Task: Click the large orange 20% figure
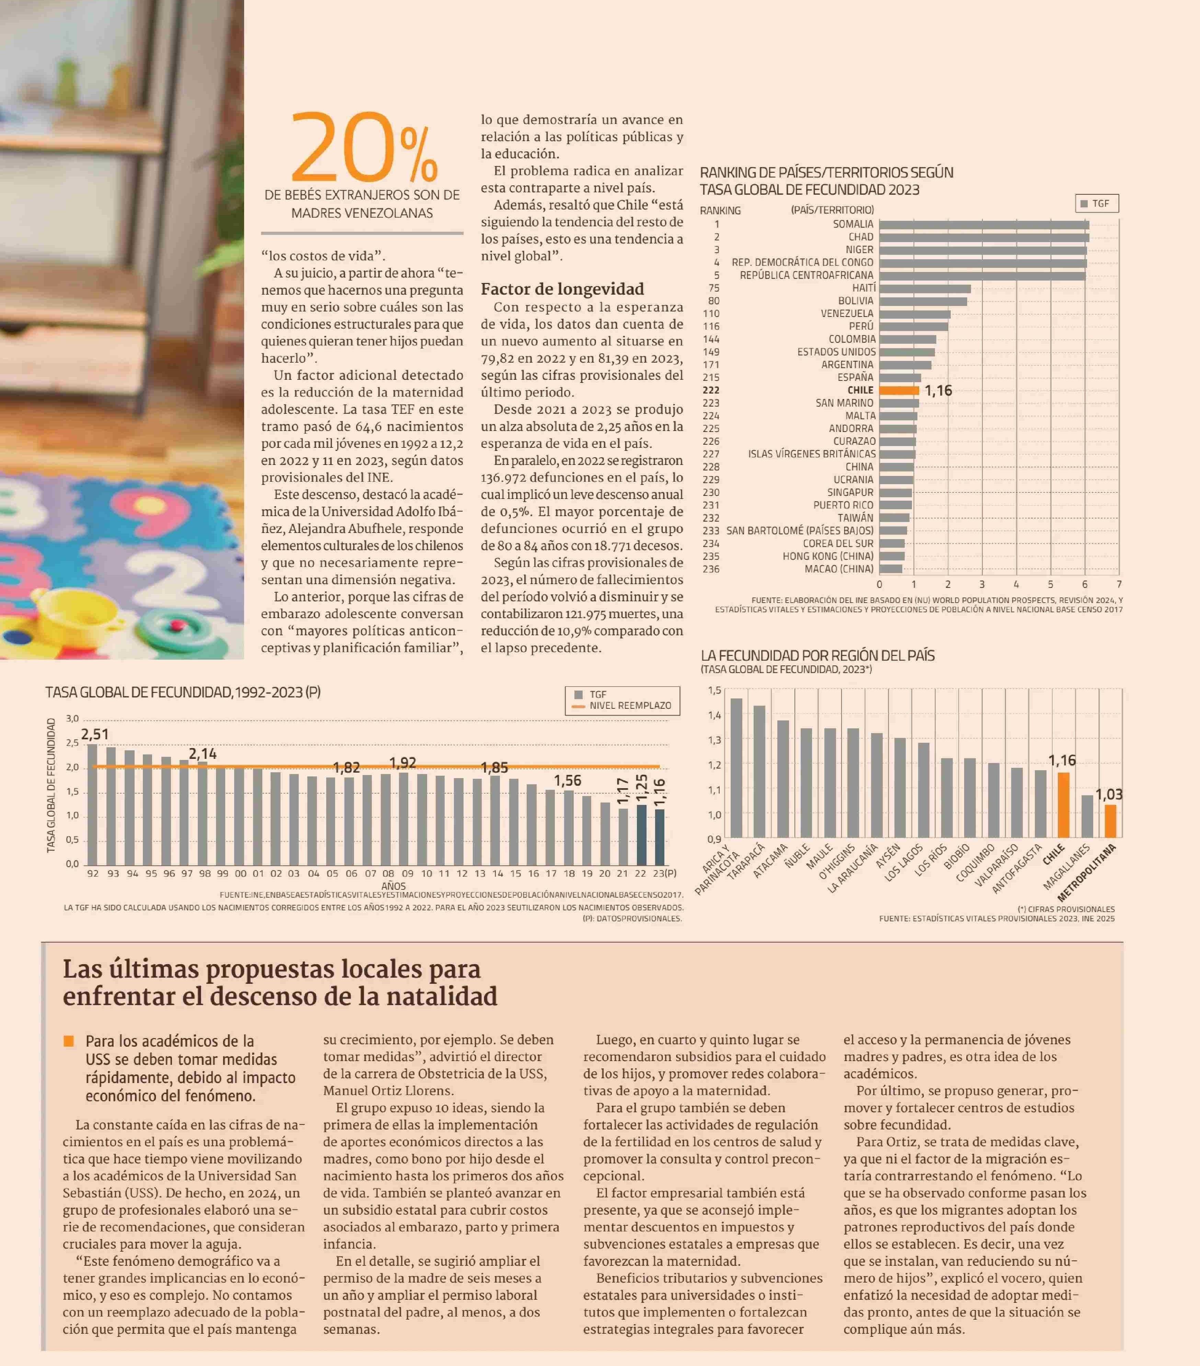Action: [x=364, y=148]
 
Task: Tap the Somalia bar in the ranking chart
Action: [x=983, y=225]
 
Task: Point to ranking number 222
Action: [x=711, y=390]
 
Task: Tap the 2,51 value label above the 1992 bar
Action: [x=95, y=735]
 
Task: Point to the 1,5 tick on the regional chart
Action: [x=714, y=690]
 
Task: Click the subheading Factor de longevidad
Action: [x=562, y=289]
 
